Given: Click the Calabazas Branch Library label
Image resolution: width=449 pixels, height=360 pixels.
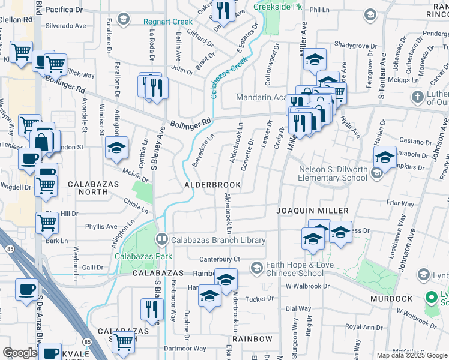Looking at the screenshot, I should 218,240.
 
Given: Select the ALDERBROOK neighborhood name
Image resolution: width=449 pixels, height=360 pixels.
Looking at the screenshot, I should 212,185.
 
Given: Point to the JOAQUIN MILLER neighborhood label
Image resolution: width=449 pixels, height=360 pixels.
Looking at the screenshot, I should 313,211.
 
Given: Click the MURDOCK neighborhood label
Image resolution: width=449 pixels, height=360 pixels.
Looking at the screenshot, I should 391,298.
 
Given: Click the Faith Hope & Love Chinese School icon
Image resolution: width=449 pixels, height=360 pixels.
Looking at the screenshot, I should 257,266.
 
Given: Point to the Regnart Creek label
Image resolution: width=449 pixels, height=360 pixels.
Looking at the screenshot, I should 167,22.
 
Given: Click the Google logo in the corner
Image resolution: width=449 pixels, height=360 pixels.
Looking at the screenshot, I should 20,353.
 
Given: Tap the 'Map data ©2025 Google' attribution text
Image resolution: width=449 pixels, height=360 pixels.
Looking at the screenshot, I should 412,355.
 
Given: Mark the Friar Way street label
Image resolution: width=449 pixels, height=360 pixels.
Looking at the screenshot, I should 400,203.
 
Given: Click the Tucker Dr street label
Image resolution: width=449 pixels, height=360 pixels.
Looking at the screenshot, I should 259,298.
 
